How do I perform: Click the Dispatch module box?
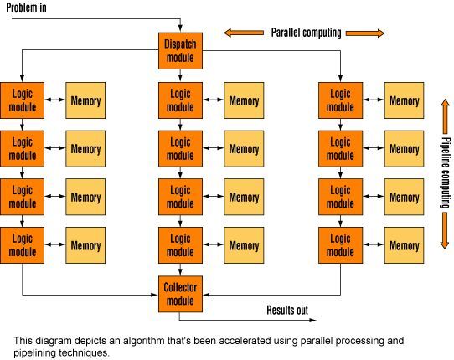[180, 50]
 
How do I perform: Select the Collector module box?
[180, 294]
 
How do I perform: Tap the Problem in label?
[26, 8]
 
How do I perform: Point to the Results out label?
[287, 310]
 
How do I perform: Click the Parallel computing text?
[306, 33]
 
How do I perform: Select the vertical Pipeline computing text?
[446, 172]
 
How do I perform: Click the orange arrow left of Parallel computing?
[244, 33]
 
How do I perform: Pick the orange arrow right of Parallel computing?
[365, 33]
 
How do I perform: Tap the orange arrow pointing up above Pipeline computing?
[445, 116]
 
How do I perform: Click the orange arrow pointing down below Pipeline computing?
[445, 230]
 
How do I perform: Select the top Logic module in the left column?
[23, 100]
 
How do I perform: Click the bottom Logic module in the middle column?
[180, 245]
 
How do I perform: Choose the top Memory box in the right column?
[405, 100]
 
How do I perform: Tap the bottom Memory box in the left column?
[85, 245]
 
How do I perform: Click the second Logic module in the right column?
[340, 149]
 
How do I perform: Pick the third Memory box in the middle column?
[244, 197]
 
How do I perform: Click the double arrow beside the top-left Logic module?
[55, 100]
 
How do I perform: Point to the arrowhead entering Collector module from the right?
[206, 295]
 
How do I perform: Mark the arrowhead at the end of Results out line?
[313, 320]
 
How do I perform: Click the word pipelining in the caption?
[34, 353]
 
